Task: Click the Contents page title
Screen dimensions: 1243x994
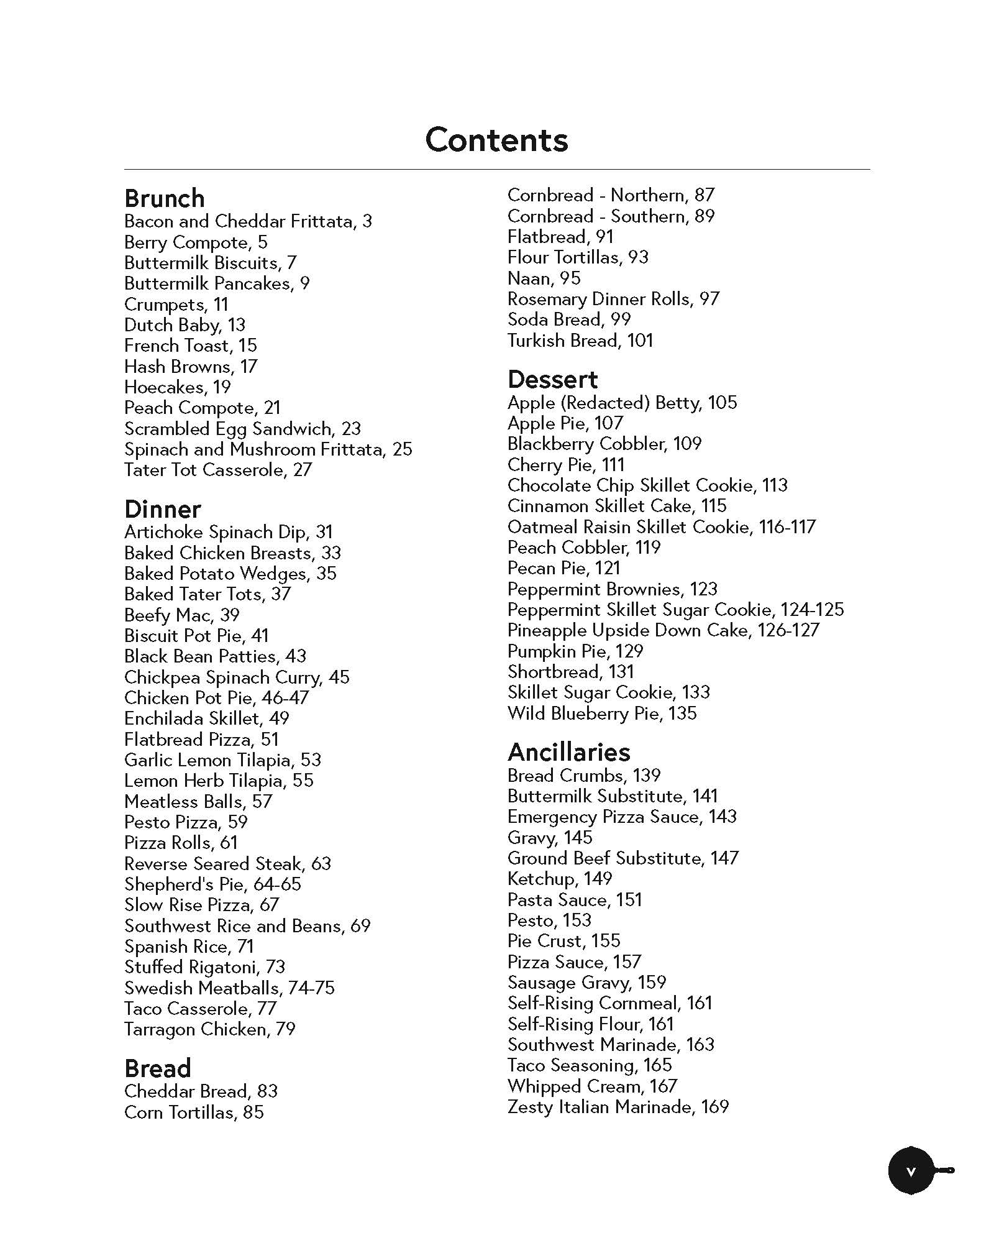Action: [496, 140]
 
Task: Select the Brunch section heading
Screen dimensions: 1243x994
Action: [164, 198]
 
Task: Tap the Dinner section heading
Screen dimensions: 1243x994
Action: [162, 509]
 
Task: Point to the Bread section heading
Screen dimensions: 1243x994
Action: [157, 1068]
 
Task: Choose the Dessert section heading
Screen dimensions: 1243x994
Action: [552, 379]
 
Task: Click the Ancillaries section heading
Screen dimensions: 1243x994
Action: [568, 752]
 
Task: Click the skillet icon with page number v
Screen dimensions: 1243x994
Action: [912, 1171]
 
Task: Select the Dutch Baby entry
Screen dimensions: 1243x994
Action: [185, 325]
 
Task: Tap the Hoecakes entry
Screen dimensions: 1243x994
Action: [177, 387]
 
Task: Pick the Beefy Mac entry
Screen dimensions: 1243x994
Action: [181, 615]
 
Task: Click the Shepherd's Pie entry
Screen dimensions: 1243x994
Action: [212, 884]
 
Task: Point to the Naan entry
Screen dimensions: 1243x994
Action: [544, 278]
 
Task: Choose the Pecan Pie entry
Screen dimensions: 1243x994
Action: [563, 568]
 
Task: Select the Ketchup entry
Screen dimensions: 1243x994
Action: [559, 879]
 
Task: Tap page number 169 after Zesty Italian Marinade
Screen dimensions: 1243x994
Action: [714, 1107]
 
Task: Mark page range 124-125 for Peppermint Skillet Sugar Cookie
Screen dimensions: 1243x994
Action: [812, 610]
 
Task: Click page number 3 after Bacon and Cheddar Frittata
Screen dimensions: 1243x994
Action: [367, 222]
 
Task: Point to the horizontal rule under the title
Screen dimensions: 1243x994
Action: [496, 169]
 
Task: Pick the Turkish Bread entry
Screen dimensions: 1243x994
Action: [580, 341]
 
